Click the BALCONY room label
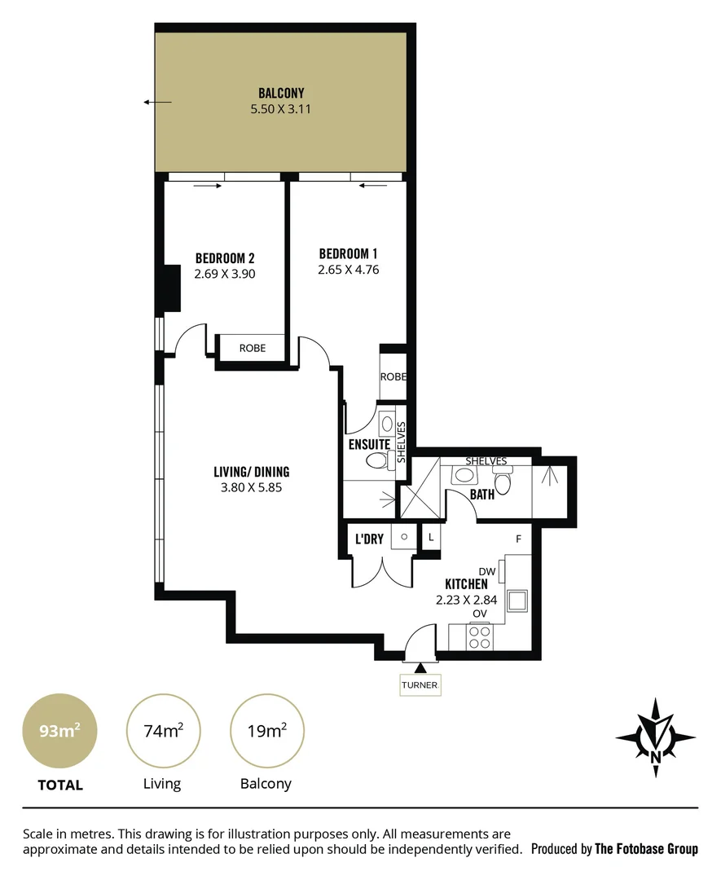(281, 93)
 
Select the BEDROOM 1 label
(348, 253)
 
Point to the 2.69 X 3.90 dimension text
(225, 275)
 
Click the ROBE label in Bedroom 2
(252, 348)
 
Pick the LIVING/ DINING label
(251, 472)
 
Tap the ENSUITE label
(369, 445)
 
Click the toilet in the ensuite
(377, 462)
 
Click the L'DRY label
(369, 539)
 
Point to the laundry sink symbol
(402, 538)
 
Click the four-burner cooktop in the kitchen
(480, 636)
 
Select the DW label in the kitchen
(487, 572)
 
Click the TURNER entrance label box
(420, 685)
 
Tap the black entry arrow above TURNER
(420, 668)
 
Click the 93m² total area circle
(59, 730)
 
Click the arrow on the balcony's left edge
(157, 102)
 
